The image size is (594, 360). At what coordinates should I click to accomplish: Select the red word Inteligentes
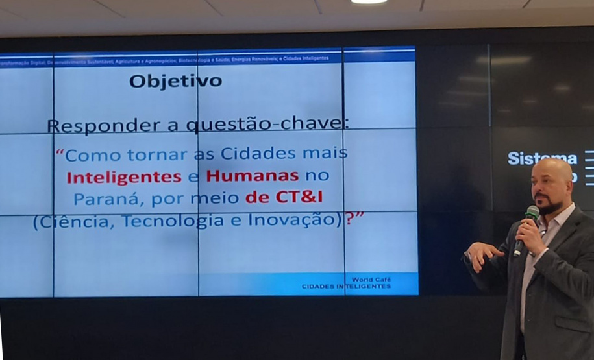pos(123,176)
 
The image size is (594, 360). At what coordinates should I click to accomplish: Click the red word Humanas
pos(253,175)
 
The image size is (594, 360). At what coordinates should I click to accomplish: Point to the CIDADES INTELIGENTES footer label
pos(346,286)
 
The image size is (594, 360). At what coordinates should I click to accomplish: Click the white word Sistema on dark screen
pos(542,158)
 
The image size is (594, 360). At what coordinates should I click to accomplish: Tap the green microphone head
pos(532,212)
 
